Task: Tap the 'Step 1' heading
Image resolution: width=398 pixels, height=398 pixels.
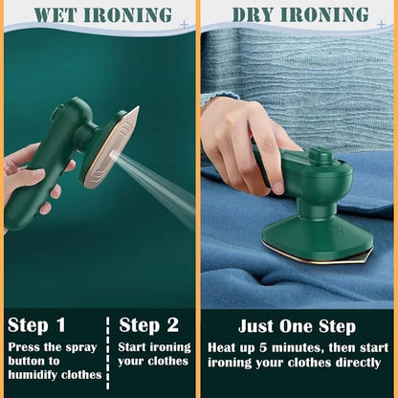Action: click(x=37, y=325)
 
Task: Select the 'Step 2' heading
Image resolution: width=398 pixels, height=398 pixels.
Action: click(x=149, y=325)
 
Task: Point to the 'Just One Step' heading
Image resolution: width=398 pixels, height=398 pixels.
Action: click(x=297, y=326)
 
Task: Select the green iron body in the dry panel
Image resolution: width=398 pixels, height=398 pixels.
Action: click(x=316, y=191)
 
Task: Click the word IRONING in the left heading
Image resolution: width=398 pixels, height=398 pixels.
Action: click(x=128, y=14)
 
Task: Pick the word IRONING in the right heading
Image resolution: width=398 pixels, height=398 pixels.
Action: click(x=327, y=14)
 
